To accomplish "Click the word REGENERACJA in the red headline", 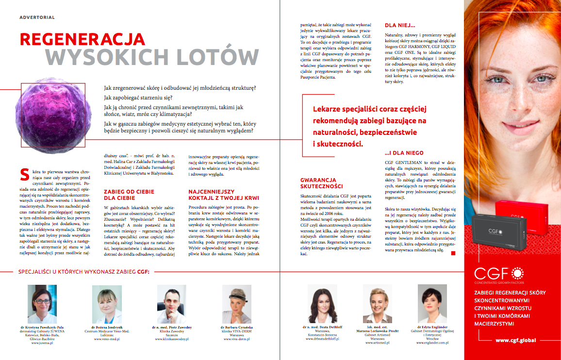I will [82, 39].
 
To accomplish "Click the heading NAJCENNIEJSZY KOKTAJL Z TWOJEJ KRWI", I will [223, 195].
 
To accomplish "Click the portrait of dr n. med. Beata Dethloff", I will [323, 304].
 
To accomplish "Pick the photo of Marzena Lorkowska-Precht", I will [378, 304].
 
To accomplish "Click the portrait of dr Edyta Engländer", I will [432, 304].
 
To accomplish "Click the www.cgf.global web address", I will [515, 340].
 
